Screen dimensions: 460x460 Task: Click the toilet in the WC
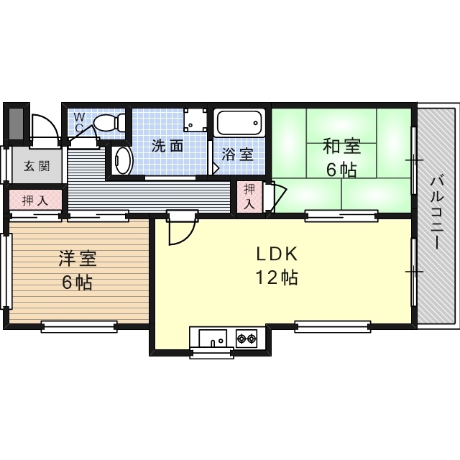click(x=109, y=123)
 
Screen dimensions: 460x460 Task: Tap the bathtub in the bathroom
click(x=239, y=123)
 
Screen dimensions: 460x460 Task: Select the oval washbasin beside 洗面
click(x=123, y=160)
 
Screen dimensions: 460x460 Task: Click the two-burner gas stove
click(x=246, y=339)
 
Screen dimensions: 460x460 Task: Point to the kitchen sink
click(x=213, y=338)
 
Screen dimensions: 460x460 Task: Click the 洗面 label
click(x=167, y=146)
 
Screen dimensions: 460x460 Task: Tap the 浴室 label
click(x=237, y=155)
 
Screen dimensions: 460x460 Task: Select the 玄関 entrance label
click(x=37, y=166)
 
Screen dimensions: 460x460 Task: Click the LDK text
click(x=277, y=254)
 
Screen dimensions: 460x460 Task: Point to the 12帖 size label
click(x=277, y=277)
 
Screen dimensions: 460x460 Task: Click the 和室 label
click(x=341, y=146)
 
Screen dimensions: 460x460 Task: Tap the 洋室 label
click(x=78, y=259)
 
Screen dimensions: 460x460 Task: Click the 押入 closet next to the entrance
click(x=35, y=200)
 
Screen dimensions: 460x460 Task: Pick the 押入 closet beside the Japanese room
click(x=249, y=196)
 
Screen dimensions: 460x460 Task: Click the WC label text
click(x=79, y=122)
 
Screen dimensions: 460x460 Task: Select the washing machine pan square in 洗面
click(x=193, y=120)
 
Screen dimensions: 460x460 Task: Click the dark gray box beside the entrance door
click(x=16, y=124)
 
